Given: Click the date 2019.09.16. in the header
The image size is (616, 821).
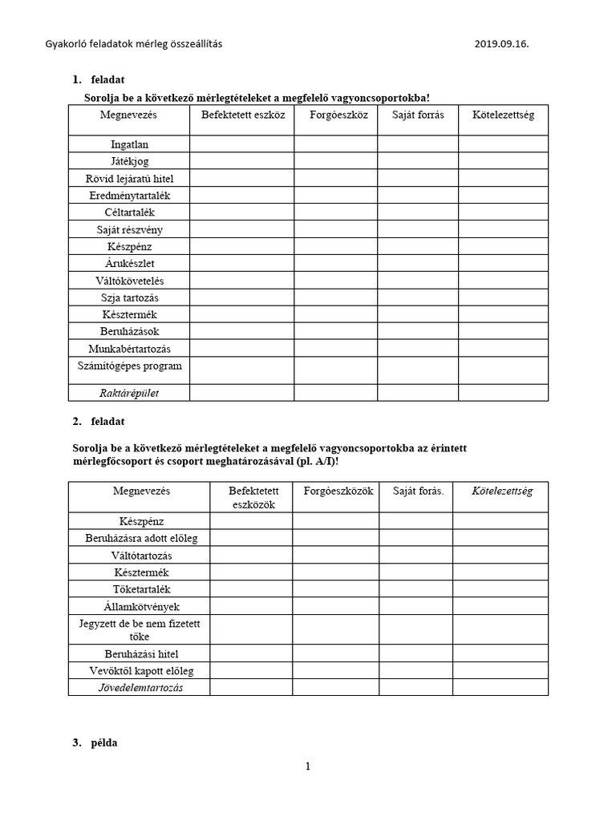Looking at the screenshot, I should pos(502,44).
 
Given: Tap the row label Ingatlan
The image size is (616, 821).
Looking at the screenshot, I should pos(129,144).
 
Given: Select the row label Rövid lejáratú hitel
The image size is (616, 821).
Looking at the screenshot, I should pos(129,178).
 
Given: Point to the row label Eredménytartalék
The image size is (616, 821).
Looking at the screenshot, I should pos(129,196).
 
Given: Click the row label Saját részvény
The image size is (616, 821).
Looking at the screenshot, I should pos(129,229).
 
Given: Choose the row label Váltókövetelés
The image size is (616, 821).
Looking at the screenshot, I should pos(129,281).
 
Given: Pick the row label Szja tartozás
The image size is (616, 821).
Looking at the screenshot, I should pos(129,297).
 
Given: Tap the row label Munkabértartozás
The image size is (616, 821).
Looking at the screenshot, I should pos(129,349).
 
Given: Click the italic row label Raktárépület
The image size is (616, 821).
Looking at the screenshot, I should pos(129,393).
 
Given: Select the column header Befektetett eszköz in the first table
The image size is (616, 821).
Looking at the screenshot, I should pos(241,115).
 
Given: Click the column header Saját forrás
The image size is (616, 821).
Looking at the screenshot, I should pos(418,115).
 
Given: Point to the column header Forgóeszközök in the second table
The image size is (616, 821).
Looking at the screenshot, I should pos(335,491).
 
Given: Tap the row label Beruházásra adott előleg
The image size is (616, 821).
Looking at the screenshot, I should pos(141,538).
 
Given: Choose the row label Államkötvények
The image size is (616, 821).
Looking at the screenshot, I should pos(141,606).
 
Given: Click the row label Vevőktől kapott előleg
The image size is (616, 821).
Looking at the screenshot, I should pos(141,670).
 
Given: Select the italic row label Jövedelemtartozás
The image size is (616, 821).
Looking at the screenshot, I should pos(141,688).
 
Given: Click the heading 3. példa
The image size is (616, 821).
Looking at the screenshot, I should pos(95,742).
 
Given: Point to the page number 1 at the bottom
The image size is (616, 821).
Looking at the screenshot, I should pos(307,766).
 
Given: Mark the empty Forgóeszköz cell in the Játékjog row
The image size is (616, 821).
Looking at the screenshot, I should pos(335,161).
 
